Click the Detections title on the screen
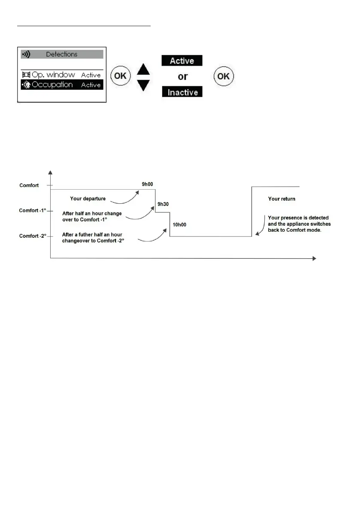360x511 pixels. [62, 54]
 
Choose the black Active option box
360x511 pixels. [182, 61]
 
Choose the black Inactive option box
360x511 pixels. [182, 92]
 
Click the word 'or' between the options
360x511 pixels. [183, 77]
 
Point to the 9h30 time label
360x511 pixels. [163, 204]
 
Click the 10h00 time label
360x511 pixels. [179, 224]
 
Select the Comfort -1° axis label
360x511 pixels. [33, 211]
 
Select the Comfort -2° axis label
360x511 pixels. [33, 236]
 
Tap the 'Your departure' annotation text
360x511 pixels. [88, 199]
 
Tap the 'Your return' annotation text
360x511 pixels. [281, 199]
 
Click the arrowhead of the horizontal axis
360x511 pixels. [314, 258]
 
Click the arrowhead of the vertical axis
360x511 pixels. [51, 173]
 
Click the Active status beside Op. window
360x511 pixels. [91, 75]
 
